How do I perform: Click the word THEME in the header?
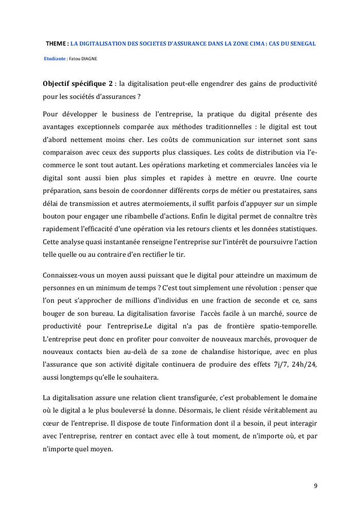[x=56, y=44]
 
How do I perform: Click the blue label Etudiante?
[x=55, y=59]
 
